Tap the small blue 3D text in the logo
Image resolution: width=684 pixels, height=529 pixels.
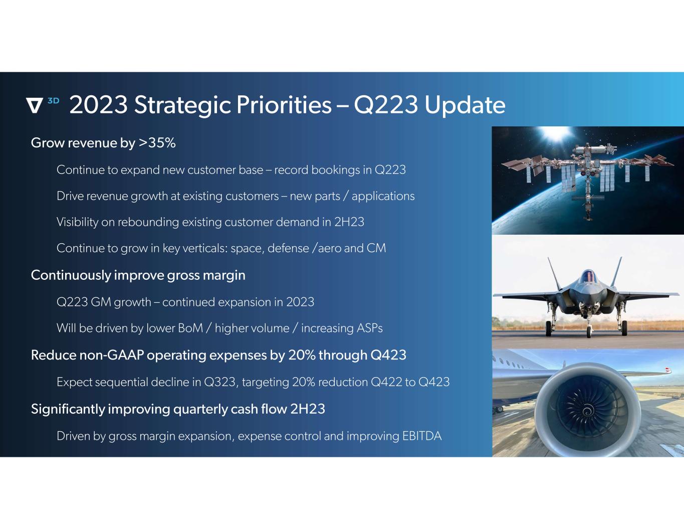(x=53, y=101)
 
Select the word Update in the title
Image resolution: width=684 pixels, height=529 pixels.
(x=465, y=105)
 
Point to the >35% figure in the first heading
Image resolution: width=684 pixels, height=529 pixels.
(x=157, y=143)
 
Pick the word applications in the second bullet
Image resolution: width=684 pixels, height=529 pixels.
(x=383, y=197)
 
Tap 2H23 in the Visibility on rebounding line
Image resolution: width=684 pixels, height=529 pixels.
(x=349, y=222)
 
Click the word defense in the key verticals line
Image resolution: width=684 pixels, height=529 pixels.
(x=288, y=248)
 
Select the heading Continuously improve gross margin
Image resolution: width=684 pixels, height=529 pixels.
(x=138, y=275)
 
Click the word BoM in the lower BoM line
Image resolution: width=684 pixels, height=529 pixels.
(x=190, y=328)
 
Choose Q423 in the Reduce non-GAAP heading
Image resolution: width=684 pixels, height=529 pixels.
(x=388, y=355)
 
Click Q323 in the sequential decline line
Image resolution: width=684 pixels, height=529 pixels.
(x=219, y=382)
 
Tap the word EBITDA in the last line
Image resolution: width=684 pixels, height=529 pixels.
(x=422, y=436)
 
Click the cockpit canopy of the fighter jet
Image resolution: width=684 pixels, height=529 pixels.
(x=588, y=276)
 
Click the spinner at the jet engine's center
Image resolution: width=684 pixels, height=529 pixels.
(x=587, y=411)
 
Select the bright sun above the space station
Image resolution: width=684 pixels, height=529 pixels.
(x=556, y=134)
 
